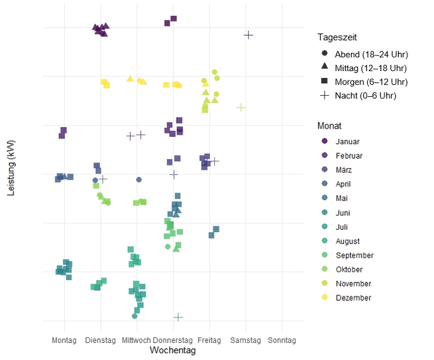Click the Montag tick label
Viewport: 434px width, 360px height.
point(65,340)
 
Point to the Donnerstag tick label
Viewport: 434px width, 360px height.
point(173,340)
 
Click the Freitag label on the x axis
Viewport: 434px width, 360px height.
point(209,340)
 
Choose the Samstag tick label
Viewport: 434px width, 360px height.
point(246,340)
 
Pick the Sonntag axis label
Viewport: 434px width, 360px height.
point(282,340)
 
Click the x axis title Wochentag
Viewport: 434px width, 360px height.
point(173,351)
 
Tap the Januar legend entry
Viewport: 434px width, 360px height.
point(348,142)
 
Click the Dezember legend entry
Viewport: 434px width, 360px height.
point(353,298)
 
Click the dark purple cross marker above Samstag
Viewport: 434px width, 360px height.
point(248,35)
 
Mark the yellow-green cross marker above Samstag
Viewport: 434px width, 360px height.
point(241,107)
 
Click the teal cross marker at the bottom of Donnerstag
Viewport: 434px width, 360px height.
point(178,317)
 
